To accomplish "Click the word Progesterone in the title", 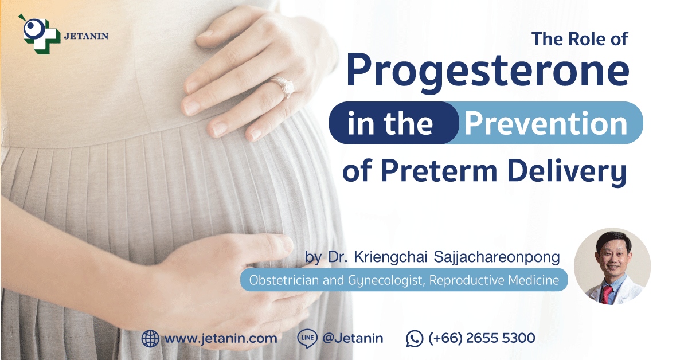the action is click(488, 72).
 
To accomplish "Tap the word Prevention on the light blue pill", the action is click(546, 123).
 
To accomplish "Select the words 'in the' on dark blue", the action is click(390, 123).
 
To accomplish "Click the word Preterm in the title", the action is click(439, 171).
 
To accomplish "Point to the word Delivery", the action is click(567, 172).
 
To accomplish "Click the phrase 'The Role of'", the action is click(580, 39).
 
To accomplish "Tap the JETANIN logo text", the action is click(87, 36).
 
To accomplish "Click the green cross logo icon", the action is click(40, 34).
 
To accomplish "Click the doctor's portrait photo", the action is click(612, 267).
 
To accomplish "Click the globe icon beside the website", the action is click(150, 338).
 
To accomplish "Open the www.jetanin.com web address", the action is click(221, 338).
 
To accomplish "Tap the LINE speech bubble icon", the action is click(307, 338).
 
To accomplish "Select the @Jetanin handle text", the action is click(353, 338).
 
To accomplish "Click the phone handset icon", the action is click(415, 339).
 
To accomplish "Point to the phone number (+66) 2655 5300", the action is click(482, 338).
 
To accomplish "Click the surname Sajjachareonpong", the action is click(497, 257).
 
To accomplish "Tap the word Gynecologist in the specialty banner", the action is click(386, 280).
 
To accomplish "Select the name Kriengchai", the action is click(390, 257).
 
